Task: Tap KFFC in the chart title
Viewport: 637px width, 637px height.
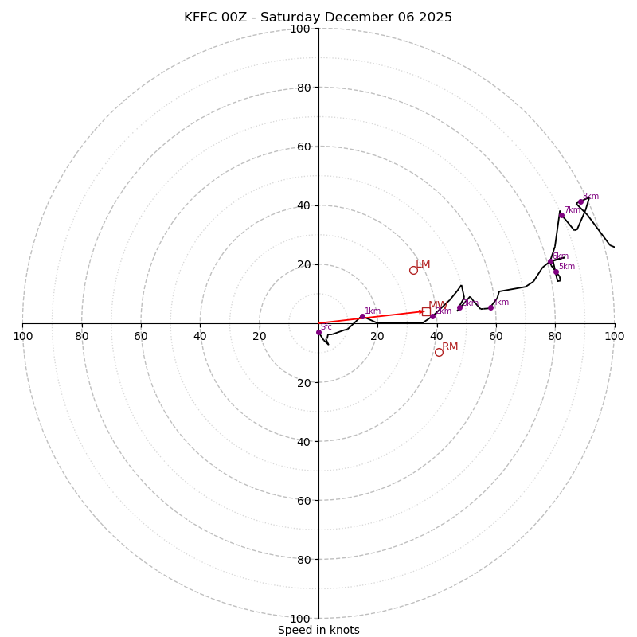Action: tap(200, 18)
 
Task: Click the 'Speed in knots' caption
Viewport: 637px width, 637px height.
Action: tap(318, 630)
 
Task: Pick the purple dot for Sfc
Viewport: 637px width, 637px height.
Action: tap(318, 333)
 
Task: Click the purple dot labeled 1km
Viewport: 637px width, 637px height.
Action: tap(362, 317)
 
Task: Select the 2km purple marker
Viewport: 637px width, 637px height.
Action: tap(432, 316)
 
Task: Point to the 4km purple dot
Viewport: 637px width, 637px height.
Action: tap(490, 307)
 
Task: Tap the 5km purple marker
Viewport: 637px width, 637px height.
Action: tap(556, 272)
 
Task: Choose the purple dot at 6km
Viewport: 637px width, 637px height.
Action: tap(550, 261)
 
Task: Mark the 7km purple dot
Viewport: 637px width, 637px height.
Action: tap(561, 215)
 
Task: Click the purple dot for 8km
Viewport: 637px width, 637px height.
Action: tap(580, 201)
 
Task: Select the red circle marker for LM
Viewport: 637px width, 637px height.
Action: tap(413, 270)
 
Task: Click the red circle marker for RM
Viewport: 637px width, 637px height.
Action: tap(439, 352)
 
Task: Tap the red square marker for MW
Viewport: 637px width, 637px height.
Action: tap(426, 311)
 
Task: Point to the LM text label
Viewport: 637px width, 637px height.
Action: tap(423, 264)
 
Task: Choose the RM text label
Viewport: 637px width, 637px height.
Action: tap(450, 346)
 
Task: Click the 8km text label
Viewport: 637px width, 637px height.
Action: tap(591, 196)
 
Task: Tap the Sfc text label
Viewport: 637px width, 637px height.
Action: tap(326, 326)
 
